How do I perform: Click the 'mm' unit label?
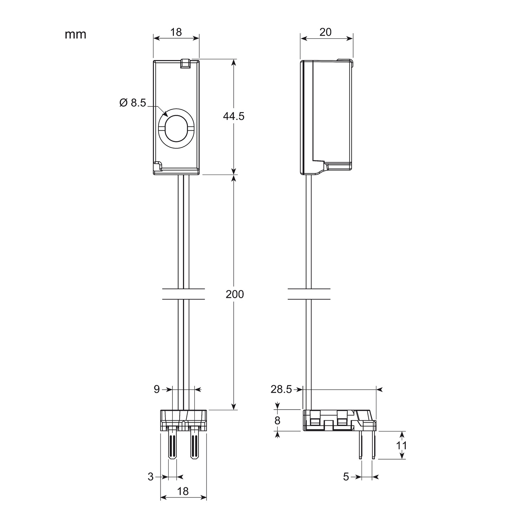coord(75,34)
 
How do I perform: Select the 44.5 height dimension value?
coord(234,116)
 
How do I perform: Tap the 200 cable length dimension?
coord(235,294)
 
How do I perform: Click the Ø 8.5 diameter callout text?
coord(132,103)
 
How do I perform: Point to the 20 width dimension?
coord(326,32)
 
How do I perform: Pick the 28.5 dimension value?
coord(281,389)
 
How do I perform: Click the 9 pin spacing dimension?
coord(157,389)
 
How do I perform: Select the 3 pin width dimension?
coord(151,477)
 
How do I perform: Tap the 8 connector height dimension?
coord(278,420)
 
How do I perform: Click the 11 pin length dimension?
coord(401,445)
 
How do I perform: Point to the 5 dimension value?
coord(346,477)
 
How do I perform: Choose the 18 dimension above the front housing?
coord(176,32)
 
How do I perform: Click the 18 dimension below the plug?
coord(183,491)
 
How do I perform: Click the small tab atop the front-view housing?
coord(185,64)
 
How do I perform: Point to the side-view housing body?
coord(327,116)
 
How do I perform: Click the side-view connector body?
coord(337,420)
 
